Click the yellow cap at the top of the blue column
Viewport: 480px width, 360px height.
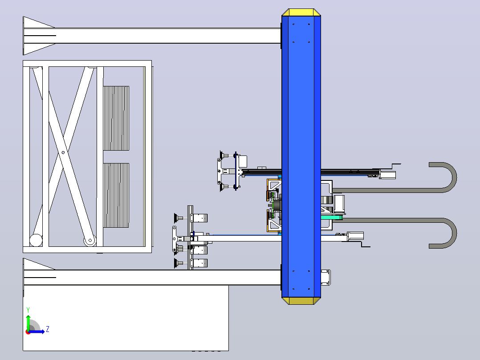301,12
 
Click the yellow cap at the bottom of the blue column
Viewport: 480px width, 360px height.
301,301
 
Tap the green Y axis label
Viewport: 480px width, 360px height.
28,310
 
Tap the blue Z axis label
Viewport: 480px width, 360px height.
48,329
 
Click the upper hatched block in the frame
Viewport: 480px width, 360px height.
116,118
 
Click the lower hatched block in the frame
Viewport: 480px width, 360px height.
116,196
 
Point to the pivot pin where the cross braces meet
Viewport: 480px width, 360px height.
63,152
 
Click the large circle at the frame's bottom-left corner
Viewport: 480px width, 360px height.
36,240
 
